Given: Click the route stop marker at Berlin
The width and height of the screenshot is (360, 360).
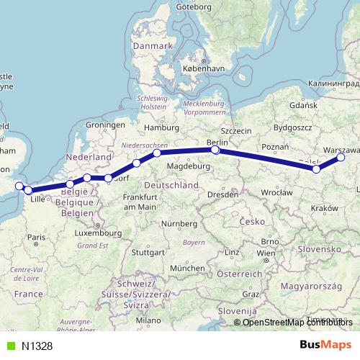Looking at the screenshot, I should pos(215,150).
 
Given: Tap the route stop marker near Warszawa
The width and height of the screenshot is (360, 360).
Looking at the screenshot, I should pos(341,157).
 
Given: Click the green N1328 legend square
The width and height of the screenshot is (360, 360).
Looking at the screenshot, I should pos(9,346).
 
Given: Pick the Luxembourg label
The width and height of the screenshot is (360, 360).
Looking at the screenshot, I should pos(98,233).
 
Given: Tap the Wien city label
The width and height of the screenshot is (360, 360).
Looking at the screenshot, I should pos(266,253).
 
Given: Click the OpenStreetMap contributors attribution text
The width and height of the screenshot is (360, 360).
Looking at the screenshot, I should pos(295,323).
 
